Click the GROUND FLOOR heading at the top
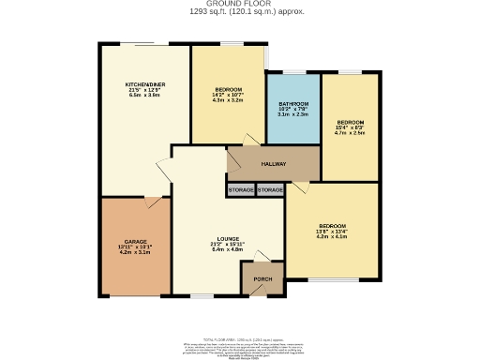tap(239, 4)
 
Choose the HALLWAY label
tap(273, 162)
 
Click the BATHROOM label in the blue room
tap(293, 102)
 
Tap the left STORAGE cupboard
tap(240, 190)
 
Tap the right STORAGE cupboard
tap(270, 190)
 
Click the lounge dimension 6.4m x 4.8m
tap(228, 250)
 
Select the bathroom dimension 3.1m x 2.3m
tap(293, 113)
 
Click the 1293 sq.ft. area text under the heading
tap(239, 11)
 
